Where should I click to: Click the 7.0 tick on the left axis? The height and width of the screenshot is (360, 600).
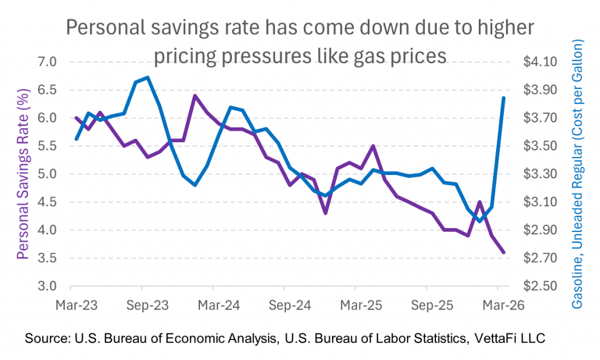click(x=47, y=62)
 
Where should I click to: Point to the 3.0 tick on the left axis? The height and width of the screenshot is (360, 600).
click(x=47, y=286)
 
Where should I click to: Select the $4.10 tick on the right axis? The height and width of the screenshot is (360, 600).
click(x=541, y=62)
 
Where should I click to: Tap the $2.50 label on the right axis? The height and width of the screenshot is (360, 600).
click(x=541, y=286)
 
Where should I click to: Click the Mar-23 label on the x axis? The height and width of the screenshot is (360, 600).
click(x=77, y=305)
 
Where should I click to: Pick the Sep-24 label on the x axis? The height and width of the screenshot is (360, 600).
click(x=290, y=305)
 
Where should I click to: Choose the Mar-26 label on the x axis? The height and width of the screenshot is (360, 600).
click(x=503, y=305)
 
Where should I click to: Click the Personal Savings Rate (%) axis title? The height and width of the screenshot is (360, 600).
click(x=23, y=174)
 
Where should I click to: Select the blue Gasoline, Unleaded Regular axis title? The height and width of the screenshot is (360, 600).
click(x=577, y=174)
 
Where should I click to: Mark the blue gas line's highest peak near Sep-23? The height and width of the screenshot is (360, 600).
click(x=148, y=77)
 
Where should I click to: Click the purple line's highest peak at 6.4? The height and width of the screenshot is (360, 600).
click(x=195, y=95)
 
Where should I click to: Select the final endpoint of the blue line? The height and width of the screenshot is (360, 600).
click(x=504, y=98)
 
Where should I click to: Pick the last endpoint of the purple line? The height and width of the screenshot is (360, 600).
click(x=504, y=252)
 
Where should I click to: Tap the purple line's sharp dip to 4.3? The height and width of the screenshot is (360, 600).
click(x=325, y=213)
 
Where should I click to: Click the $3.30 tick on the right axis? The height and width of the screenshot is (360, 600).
click(x=541, y=174)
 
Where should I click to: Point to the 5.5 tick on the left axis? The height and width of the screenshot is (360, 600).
click(x=47, y=146)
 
